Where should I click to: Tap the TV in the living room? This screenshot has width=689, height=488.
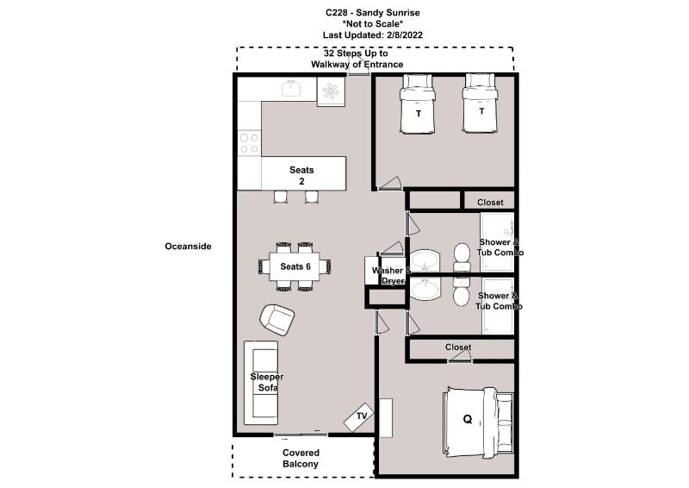(359, 417)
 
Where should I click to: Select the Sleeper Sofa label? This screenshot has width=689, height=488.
(267, 382)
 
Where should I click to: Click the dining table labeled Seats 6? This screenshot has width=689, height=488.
(295, 266)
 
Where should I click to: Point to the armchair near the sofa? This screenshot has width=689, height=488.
(277, 320)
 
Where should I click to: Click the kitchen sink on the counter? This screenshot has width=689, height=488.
(291, 89)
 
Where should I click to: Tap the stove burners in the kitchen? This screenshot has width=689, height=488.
(249, 143)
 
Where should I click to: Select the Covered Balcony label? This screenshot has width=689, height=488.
(301, 458)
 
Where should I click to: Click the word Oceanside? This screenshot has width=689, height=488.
(188, 247)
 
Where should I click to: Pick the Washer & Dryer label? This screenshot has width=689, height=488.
(391, 275)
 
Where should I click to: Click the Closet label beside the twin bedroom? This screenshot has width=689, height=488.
(490, 203)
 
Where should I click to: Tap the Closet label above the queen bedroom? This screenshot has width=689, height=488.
(458, 347)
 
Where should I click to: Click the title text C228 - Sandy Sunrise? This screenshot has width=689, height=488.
(373, 12)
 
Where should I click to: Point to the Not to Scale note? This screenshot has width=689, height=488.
(373, 24)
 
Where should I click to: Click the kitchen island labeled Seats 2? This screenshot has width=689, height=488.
(304, 173)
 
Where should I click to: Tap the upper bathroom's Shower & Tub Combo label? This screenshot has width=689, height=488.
(500, 247)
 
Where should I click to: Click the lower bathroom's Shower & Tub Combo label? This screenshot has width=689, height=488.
(499, 301)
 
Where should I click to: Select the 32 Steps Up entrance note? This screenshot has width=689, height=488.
(357, 59)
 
